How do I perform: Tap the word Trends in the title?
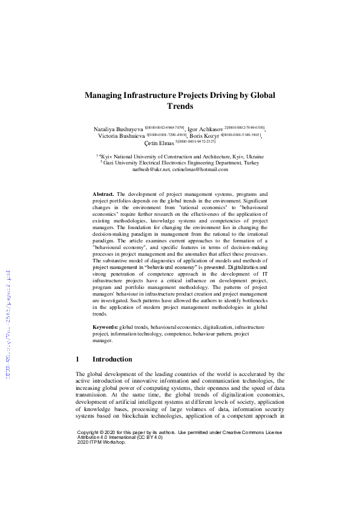click(180, 106)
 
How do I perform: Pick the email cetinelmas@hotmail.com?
click(200, 169)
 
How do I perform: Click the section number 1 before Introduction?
click(77, 359)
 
